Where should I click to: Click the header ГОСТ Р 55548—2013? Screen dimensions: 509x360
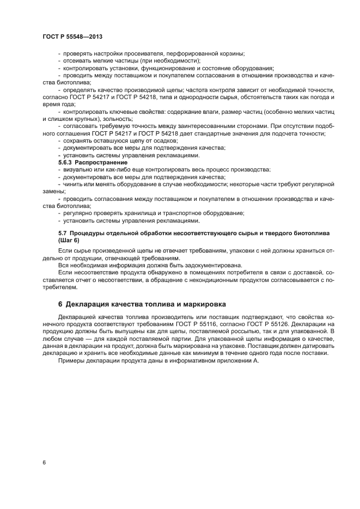click(x=72, y=36)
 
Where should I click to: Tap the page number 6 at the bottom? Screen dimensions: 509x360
click(x=44, y=462)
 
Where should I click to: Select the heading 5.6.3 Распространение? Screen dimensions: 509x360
click(x=93, y=162)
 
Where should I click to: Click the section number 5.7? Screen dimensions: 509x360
click(x=63, y=233)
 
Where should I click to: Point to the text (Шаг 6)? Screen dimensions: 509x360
click(x=69, y=240)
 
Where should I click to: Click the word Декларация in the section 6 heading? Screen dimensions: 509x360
click(x=94, y=304)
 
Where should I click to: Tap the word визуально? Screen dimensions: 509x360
click(x=76, y=169)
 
